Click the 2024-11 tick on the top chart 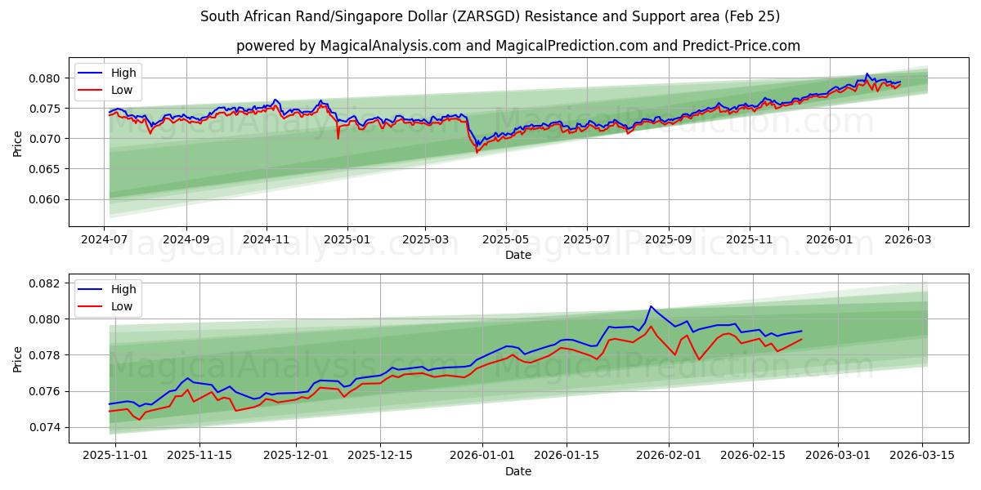click(x=267, y=239)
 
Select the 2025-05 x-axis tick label click(x=505, y=239)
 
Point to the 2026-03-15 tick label click(x=923, y=456)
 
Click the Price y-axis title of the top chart click(x=18, y=144)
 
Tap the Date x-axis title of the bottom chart click(x=518, y=471)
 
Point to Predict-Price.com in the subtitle click(x=748, y=46)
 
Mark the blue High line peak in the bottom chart click(x=651, y=306)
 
